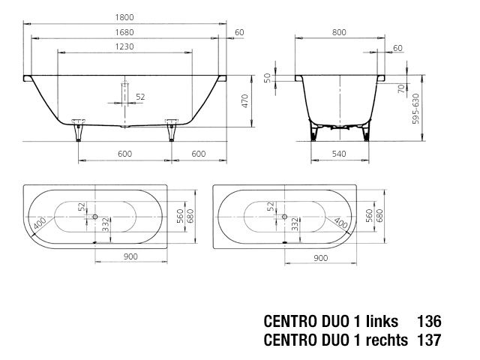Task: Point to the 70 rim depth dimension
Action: (402, 88)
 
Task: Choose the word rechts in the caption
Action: (383, 340)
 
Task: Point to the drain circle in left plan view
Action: (95, 217)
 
